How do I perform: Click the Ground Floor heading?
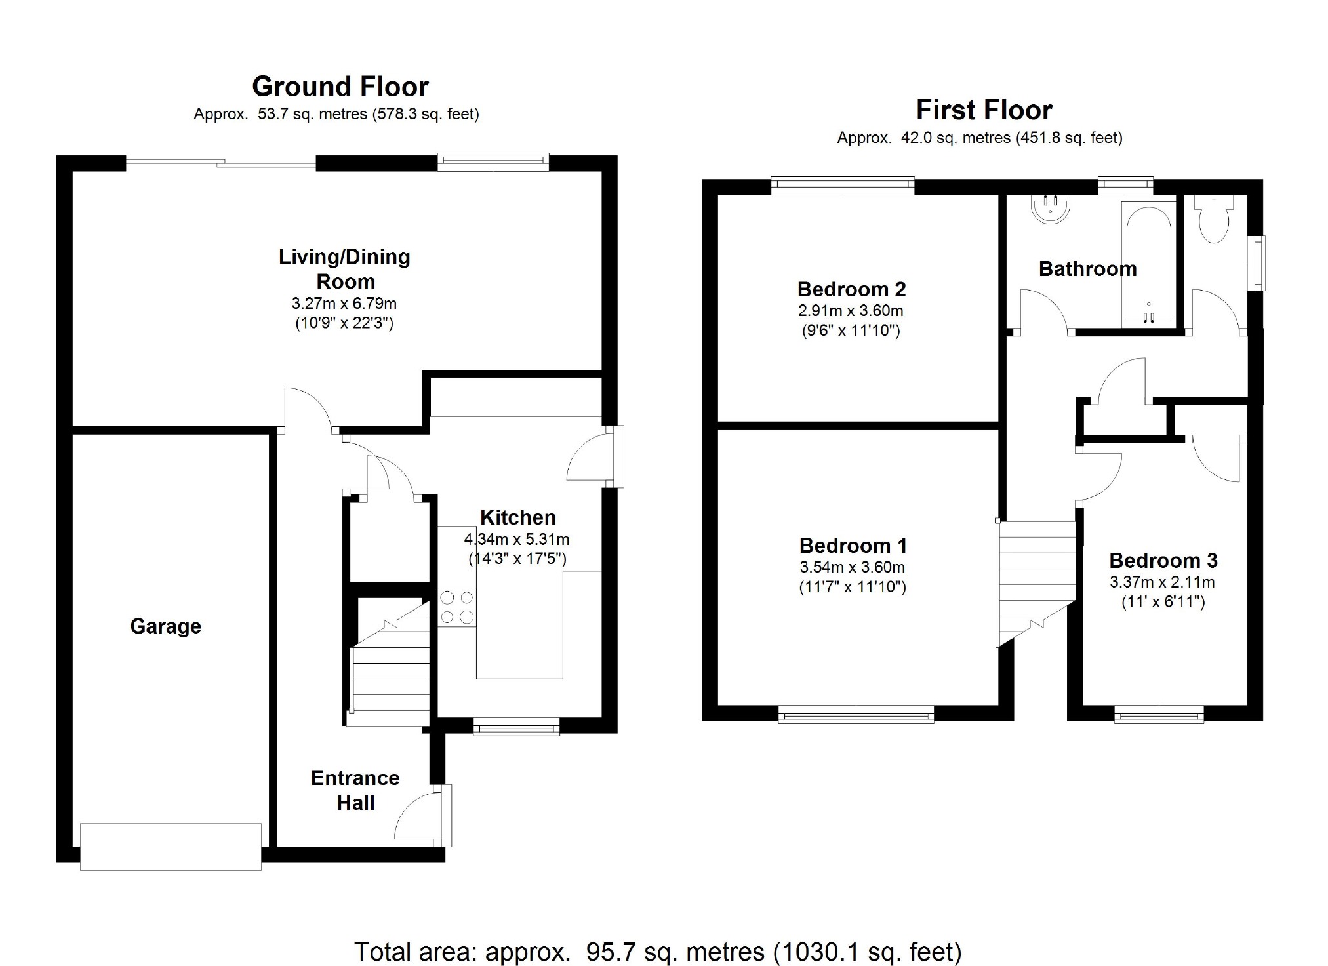tap(340, 87)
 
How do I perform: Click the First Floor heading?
tap(984, 110)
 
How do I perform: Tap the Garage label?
tap(166, 626)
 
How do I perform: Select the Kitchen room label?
tap(518, 517)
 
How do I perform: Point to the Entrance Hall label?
tap(355, 790)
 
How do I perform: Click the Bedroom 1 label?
tap(853, 546)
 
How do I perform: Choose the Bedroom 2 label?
tap(852, 289)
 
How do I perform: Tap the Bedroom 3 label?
tap(1163, 561)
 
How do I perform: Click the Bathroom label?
tap(1088, 269)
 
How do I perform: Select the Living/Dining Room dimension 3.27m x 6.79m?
tap(344, 304)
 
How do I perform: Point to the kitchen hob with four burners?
tap(457, 607)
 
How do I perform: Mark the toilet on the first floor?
tap(1214, 219)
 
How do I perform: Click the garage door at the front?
tap(171, 847)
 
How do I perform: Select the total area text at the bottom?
tap(658, 952)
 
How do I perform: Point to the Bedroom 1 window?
tap(856, 714)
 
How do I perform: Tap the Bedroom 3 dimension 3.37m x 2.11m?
tap(1162, 582)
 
